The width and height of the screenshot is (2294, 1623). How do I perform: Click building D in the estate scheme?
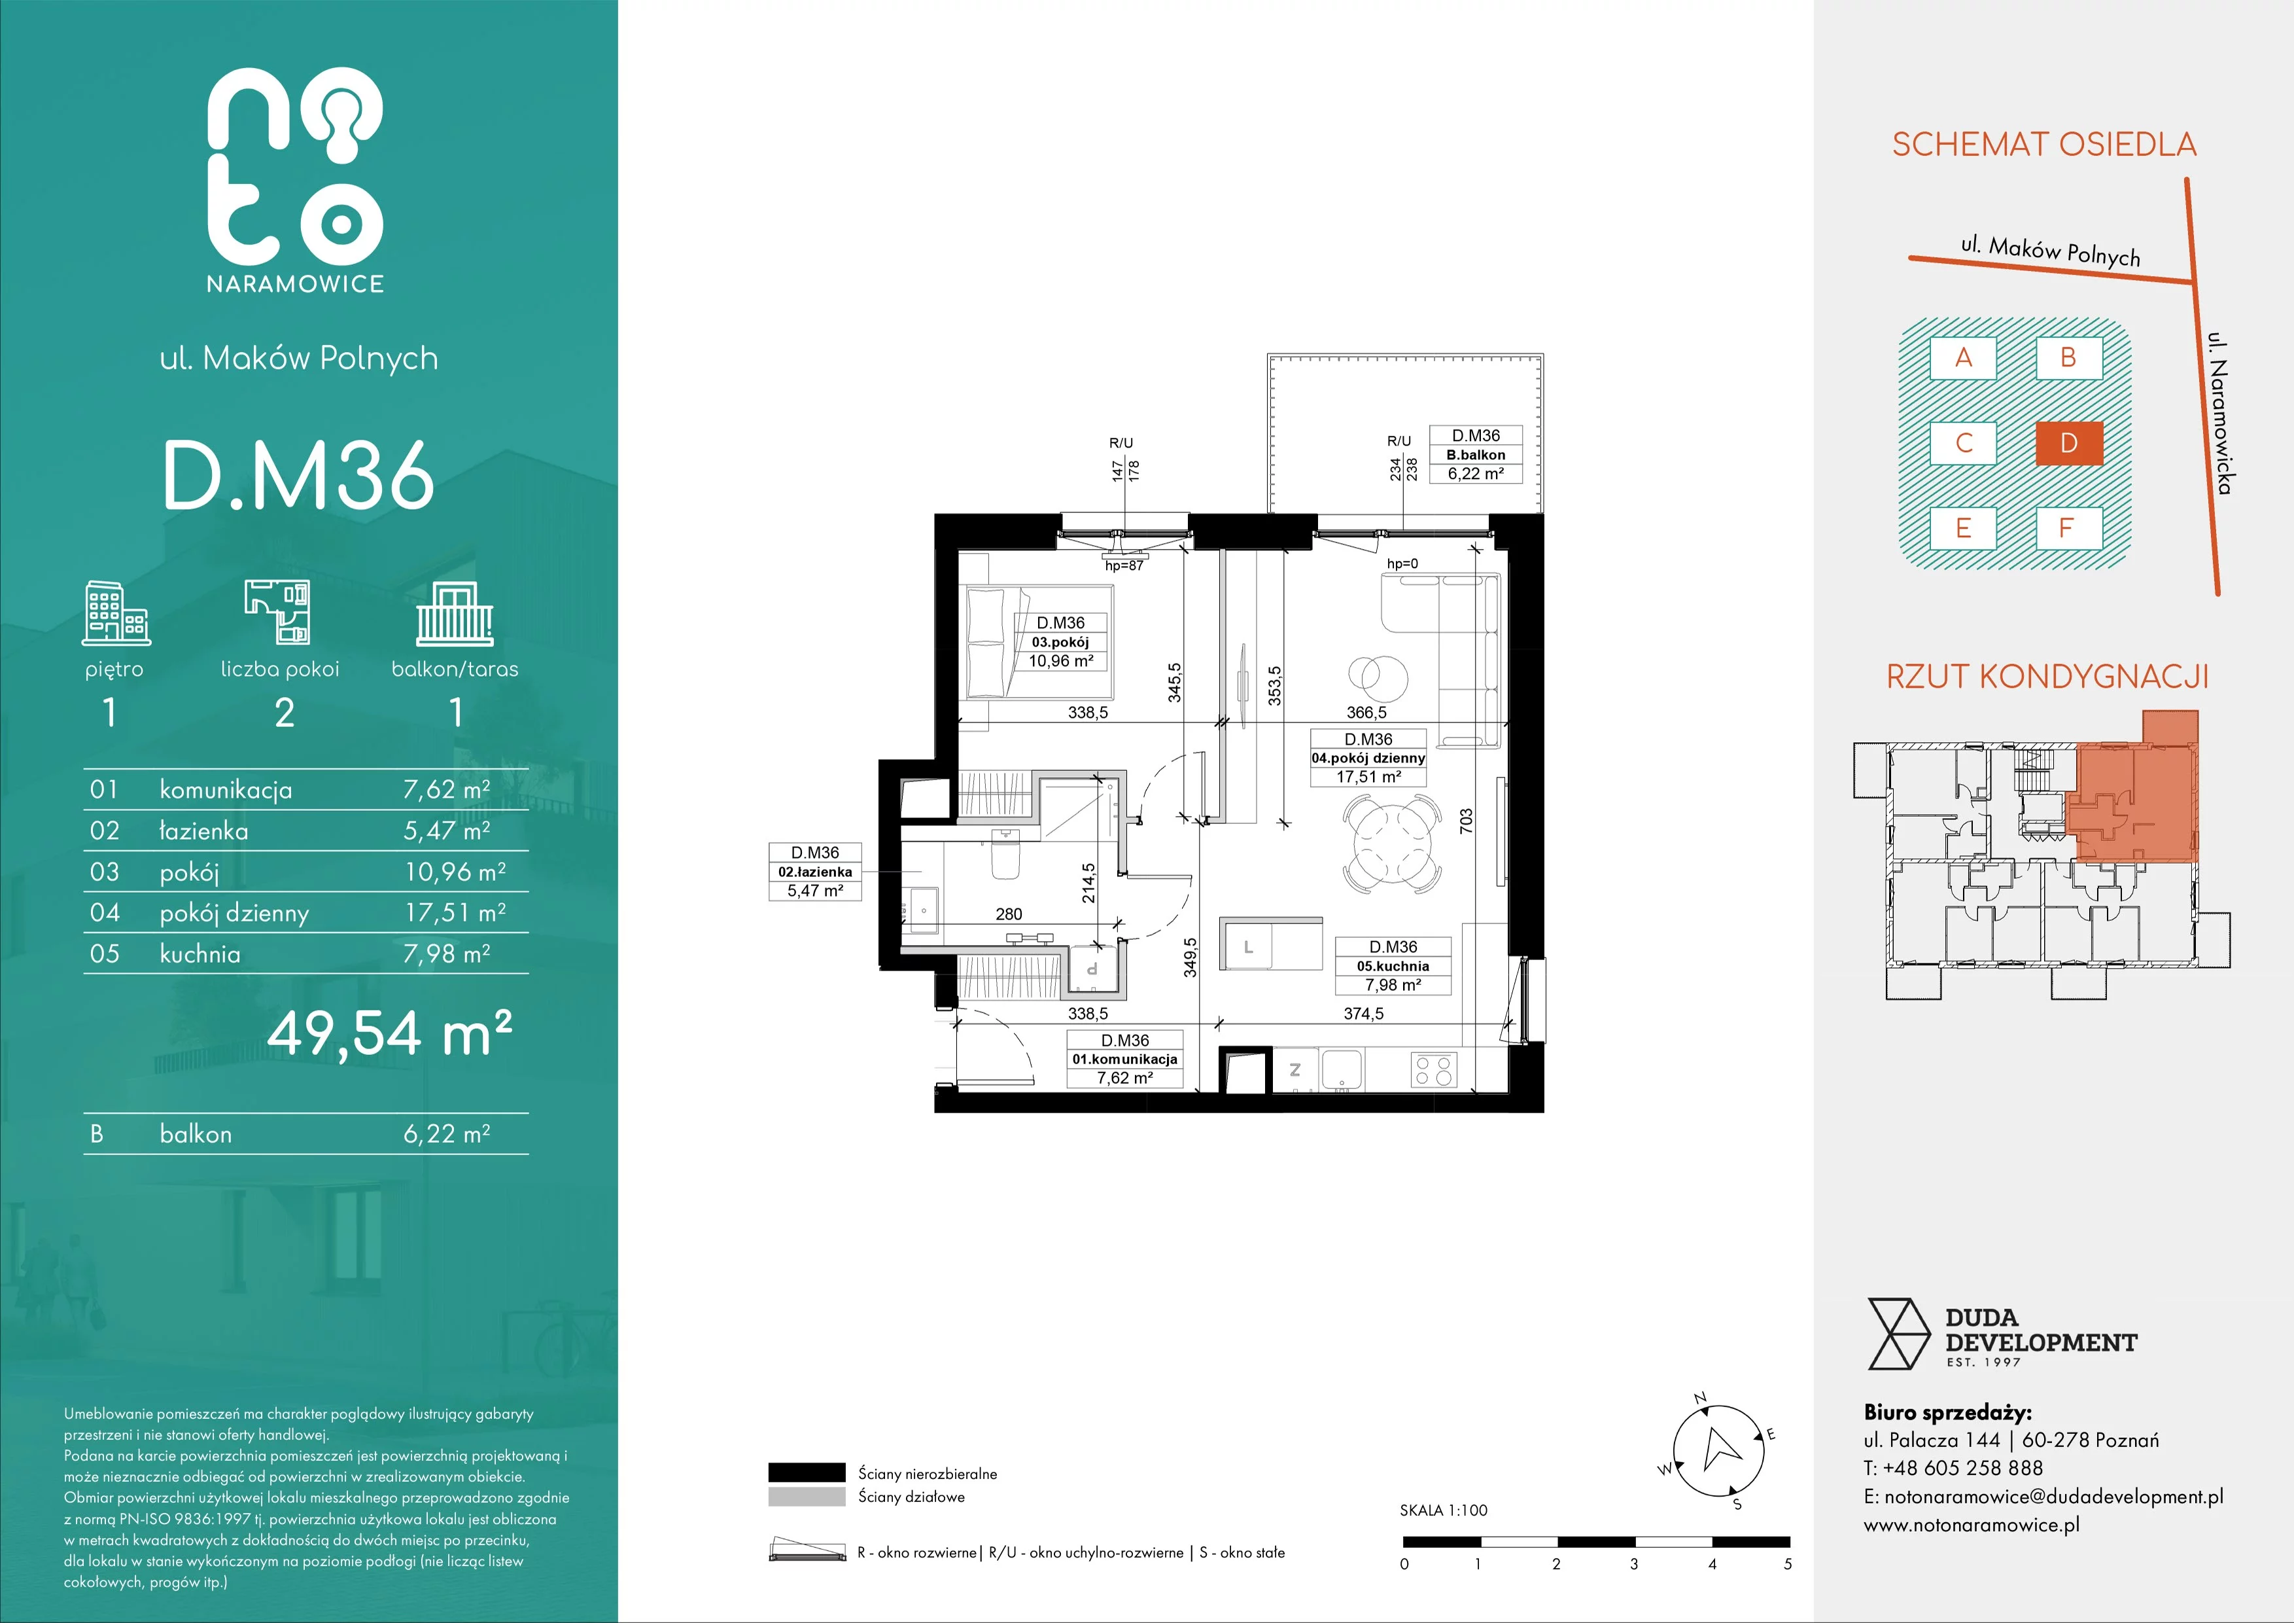pos(2069,443)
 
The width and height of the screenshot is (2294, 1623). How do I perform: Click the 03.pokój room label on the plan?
pos(1061,643)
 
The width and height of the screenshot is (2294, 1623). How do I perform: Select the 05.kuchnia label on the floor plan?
pos(1393,967)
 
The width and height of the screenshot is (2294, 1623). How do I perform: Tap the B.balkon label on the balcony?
pos(1476,455)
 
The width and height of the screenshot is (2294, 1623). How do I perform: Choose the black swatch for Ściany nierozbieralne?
pos(807,1472)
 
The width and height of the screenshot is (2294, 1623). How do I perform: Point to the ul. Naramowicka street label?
pos(2220,413)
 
